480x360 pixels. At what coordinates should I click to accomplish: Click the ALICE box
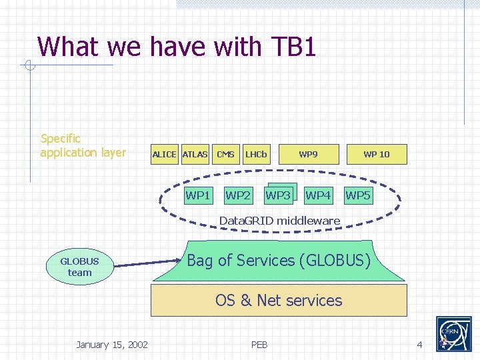(164, 154)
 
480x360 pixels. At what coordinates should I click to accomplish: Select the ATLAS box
(195, 154)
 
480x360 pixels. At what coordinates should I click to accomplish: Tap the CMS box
(225, 154)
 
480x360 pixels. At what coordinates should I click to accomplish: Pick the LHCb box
(256, 154)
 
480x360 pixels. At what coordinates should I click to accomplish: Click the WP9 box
(308, 154)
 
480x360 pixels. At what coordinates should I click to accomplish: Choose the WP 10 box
(376, 154)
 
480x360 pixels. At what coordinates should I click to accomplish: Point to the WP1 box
(198, 195)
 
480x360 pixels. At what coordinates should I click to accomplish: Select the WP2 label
(238, 195)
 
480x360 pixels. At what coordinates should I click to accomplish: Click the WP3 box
(279, 195)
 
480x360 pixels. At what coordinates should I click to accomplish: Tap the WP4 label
(318, 195)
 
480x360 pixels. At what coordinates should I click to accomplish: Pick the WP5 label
(358, 195)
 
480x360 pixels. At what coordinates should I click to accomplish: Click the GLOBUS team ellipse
(79, 267)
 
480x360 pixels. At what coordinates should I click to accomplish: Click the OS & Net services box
(279, 301)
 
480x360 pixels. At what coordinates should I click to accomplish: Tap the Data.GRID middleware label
(279, 221)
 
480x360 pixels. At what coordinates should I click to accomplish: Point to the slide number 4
(419, 344)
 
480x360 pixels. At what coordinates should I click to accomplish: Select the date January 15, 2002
(112, 344)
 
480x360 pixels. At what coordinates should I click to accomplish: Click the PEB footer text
(259, 344)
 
